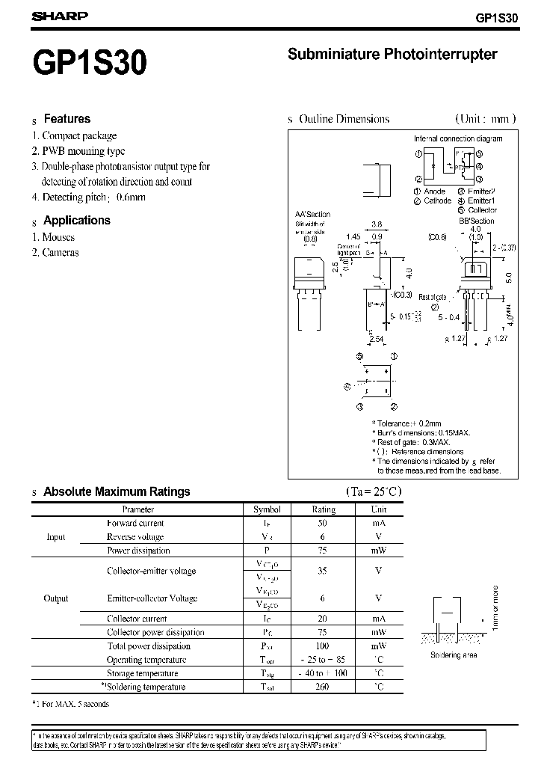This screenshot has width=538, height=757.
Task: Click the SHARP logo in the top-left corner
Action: tap(60, 16)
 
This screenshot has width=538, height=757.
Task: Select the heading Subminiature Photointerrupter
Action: tap(392, 54)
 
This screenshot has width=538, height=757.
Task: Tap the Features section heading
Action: tap(67, 119)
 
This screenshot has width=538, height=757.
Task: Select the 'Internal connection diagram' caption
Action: tap(458, 138)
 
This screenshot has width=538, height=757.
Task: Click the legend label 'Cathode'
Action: tap(437, 200)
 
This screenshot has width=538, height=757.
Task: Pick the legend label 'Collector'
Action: tap(482, 210)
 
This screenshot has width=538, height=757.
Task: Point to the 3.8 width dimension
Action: tap(377, 224)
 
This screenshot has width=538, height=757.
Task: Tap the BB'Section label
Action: tap(476, 221)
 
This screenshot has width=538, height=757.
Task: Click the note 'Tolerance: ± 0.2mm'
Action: tap(409, 423)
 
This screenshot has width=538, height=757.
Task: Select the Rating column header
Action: tap(323, 509)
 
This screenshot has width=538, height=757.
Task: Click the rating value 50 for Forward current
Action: tap(323, 524)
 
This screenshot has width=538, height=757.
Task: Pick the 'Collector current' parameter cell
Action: tap(137, 619)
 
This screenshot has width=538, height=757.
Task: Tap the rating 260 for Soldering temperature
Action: tap(323, 687)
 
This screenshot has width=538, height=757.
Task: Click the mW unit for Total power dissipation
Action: tap(378, 646)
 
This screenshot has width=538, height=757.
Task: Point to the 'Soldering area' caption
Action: tap(454, 655)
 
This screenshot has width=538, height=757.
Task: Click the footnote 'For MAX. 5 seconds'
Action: tap(75, 704)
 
